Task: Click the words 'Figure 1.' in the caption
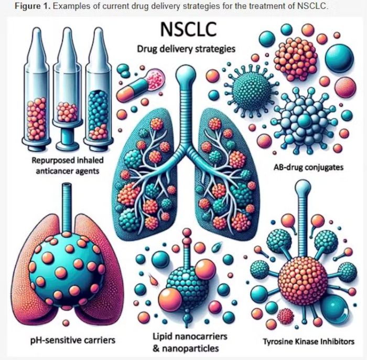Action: pos(33,6)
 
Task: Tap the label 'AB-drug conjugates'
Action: pos(308,167)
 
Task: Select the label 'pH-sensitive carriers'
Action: pos(73,340)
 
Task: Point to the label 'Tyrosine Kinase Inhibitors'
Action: pos(309,342)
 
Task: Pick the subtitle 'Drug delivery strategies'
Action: pos(186,49)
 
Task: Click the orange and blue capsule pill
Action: pos(141,87)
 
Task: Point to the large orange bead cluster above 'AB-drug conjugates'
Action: pos(295,57)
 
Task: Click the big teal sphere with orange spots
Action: pos(67,269)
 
